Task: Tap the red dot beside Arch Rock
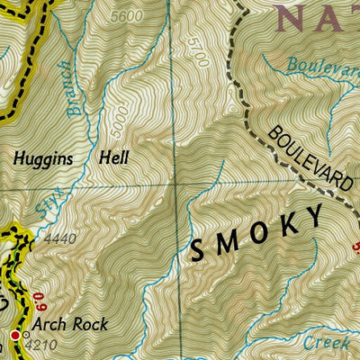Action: pos(15,335)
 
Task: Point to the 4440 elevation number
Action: pos(54,240)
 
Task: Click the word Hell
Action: pos(114,157)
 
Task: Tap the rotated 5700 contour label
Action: pos(199,54)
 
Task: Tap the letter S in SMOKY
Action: pos(196,252)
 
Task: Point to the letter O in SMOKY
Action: pos(256,237)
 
